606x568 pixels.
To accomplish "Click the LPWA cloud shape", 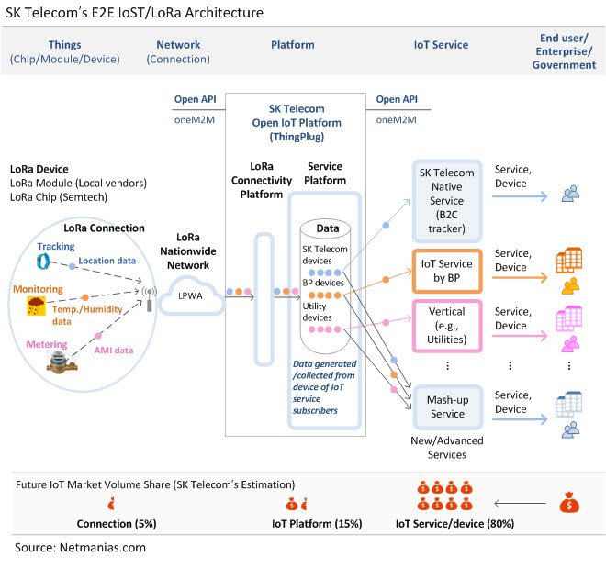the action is pos(191,296).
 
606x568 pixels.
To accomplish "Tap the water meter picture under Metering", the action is pos(62,364).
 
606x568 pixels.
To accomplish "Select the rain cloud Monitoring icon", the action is pos(36,306).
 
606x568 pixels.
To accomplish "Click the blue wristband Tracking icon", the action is pos(43,262).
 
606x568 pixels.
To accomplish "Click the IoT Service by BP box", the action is pos(447,271).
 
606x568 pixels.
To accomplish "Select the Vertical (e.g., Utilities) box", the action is pos(447,326).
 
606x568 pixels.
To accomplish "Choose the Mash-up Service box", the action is pos(447,407).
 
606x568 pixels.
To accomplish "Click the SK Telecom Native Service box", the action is pos(447,201).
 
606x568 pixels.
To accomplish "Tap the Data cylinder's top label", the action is pos(328,228).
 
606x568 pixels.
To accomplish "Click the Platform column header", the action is pos(293,45).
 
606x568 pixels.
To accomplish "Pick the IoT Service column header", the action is pos(441,45).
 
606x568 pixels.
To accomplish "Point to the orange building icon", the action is pos(569,260).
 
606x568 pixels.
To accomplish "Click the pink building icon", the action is pos(569,318).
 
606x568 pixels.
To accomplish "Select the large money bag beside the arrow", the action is pos(569,502).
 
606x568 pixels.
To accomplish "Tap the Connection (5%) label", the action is pos(117,524).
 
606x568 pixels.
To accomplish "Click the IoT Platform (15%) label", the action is pos(317,524).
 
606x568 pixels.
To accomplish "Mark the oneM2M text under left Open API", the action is pos(195,119).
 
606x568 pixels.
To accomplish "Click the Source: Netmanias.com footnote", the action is pos(80,548).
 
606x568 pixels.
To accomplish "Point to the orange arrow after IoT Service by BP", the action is pos(520,277).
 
